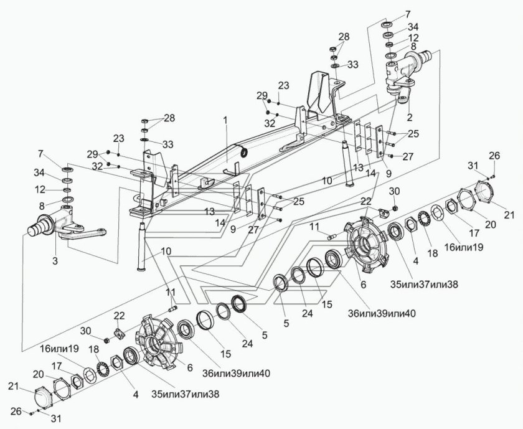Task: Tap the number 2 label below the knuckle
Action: (x=409, y=116)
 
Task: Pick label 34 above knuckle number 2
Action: (x=413, y=27)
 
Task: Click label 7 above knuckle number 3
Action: (x=41, y=154)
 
